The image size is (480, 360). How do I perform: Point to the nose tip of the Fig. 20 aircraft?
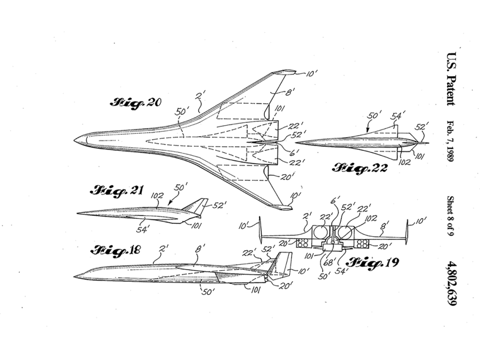(75, 139)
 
